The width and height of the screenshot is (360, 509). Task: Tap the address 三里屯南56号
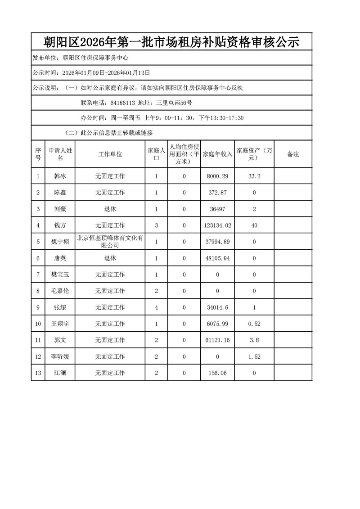pyautogui.click(x=174, y=103)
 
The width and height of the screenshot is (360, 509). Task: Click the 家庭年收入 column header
pyautogui.click(x=218, y=154)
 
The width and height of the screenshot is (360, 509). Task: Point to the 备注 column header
pyautogui.click(x=293, y=154)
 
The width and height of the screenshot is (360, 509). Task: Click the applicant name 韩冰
pyautogui.click(x=59, y=176)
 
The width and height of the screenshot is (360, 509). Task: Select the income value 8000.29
pyautogui.click(x=218, y=176)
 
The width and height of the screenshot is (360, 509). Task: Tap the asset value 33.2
pyautogui.click(x=255, y=176)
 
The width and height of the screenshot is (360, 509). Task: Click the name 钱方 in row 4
pyautogui.click(x=59, y=225)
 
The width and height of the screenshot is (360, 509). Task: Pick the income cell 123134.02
pyautogui.click(x=218, y=225)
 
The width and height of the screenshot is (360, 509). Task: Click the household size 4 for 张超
pyautogui.click(x=156, y=307)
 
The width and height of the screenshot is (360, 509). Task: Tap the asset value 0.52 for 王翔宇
pyautogui.click(x=255, y=324)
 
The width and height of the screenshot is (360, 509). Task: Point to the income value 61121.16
pyautogui.click(x=218, y=340)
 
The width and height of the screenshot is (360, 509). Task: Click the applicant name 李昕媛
pyautogui.click(x=59, y=356)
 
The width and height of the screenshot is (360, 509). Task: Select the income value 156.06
pyautogui.click(x=218, y=373)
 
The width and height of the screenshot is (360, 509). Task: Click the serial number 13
pyautogui.click(x=38, y=373)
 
